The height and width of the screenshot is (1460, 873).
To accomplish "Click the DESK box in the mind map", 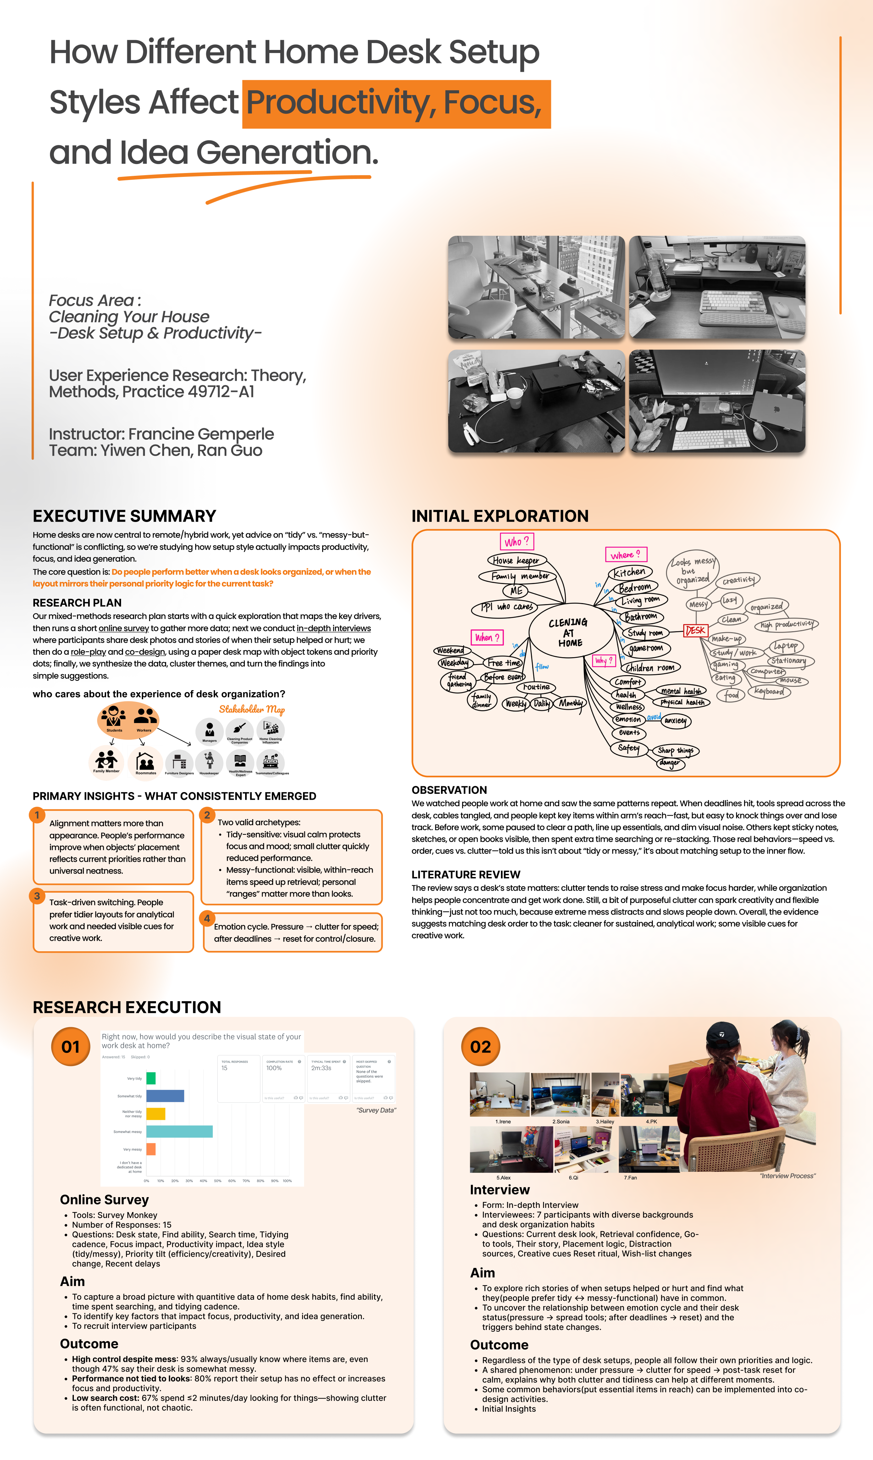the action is click(695, 630).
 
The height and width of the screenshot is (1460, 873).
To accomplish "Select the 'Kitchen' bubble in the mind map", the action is click(630, 572).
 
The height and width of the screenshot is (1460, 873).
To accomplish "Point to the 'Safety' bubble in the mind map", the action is click(628, 748).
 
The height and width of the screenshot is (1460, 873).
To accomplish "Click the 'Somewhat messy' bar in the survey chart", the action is click(180, 1131).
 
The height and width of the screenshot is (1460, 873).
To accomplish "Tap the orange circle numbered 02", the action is click(481, 1047).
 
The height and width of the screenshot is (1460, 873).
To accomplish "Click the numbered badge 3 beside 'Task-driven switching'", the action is click(37, 896).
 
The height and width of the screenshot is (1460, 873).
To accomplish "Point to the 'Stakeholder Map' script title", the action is click(252, 710).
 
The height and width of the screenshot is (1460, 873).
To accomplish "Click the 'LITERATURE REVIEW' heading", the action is click(466, 875).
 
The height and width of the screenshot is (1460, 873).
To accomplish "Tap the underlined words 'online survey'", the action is click(123, 628).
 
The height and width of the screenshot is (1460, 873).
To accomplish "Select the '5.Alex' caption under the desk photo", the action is click(503, 1178).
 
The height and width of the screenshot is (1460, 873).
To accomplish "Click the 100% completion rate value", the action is click(274, 1068).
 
